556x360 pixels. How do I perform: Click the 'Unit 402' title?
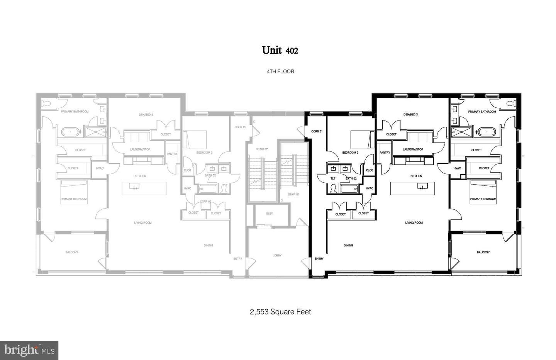coord(280,50)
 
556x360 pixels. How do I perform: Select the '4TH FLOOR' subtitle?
coord(280,71)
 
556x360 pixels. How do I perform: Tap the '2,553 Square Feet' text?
coord(280,312)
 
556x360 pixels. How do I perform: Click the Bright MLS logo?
coord(29,350)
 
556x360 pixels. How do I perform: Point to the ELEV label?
coord(270,214)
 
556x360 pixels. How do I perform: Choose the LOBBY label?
coord(277,255)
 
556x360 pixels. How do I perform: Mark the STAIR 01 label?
coord(293,194)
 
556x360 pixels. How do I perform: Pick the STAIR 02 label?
coord(262,149)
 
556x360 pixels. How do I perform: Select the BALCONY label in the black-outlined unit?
coord(483,252)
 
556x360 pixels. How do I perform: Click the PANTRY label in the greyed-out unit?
coord(172,154)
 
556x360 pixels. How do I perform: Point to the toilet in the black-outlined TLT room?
coord(333,188)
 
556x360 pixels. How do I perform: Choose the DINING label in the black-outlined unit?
coord(348,245)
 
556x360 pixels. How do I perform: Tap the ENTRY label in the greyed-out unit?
coord(238,259)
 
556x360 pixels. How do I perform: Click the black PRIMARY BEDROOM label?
coord(483,199)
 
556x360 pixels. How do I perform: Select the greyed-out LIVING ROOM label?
coord(143,223)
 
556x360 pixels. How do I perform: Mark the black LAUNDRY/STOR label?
coord(413,149)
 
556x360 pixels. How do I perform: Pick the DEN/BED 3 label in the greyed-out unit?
coord(146,115)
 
